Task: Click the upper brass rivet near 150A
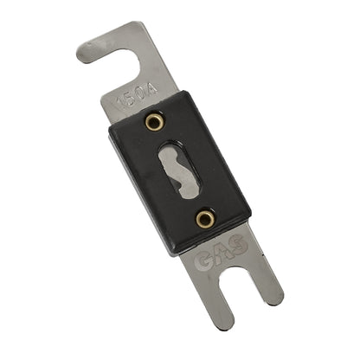[154, 121]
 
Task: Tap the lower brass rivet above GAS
[205, 219]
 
